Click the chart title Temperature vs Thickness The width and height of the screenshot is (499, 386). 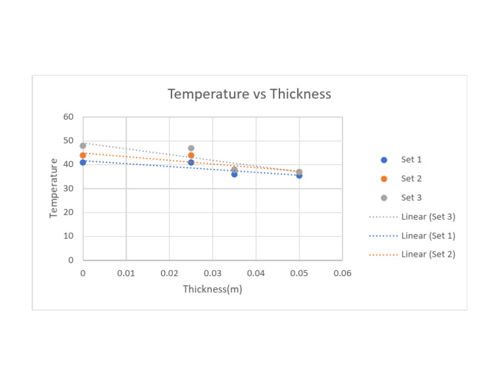pos(249,94)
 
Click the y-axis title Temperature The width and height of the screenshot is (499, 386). pos(54,188)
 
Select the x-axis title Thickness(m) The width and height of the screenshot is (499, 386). pos(212,289)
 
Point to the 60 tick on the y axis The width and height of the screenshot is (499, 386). pos(69,117)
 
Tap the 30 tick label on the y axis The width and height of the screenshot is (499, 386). pos(69,188)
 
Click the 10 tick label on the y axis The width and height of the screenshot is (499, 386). pos(69,237)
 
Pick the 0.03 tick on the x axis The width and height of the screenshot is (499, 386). pos(212,273)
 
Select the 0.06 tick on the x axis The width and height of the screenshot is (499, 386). pos(342,273)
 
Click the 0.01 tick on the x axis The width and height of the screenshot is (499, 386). pos(126,273)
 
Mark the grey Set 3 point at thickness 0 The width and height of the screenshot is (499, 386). pos(83,146)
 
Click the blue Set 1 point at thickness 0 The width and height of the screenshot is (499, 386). pos(83,162)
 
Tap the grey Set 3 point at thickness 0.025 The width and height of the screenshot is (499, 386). pos(191,148)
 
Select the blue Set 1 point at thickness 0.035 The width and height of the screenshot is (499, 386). pos(235,174)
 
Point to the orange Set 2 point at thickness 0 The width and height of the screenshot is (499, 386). pos(83,155)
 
